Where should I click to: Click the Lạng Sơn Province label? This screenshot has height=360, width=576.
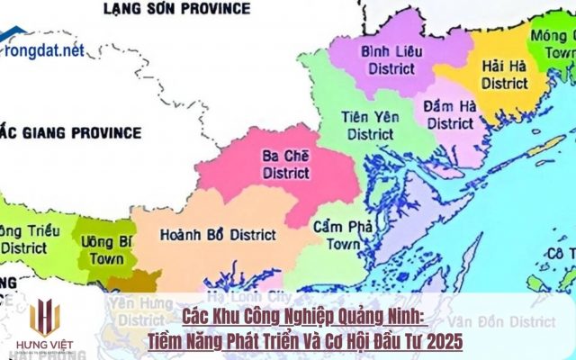coord(175,9)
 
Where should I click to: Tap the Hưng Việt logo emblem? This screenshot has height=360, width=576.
coord(45,318)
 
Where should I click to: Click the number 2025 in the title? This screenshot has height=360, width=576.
coord(442,342)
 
